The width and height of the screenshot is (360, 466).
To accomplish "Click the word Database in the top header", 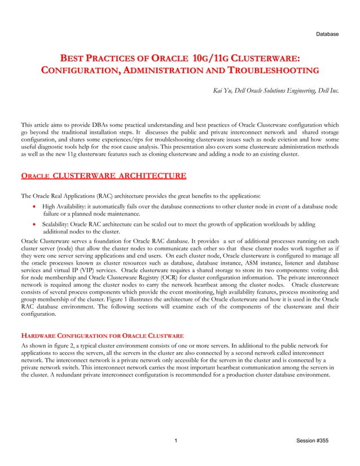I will [x=327, y=34].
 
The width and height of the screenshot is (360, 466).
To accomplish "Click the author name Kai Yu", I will [x=221, y=90].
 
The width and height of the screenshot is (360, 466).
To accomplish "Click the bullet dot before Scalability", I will [x=35, y=224].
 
